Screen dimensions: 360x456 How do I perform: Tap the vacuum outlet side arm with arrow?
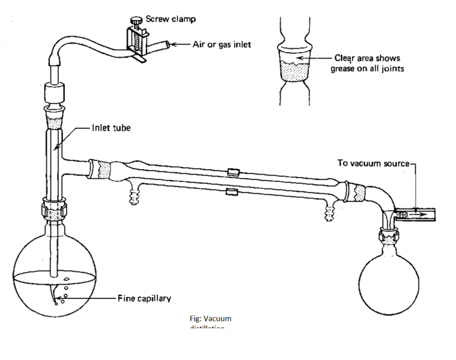(x=416, y=212)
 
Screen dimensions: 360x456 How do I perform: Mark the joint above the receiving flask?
(x=389, y=238)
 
